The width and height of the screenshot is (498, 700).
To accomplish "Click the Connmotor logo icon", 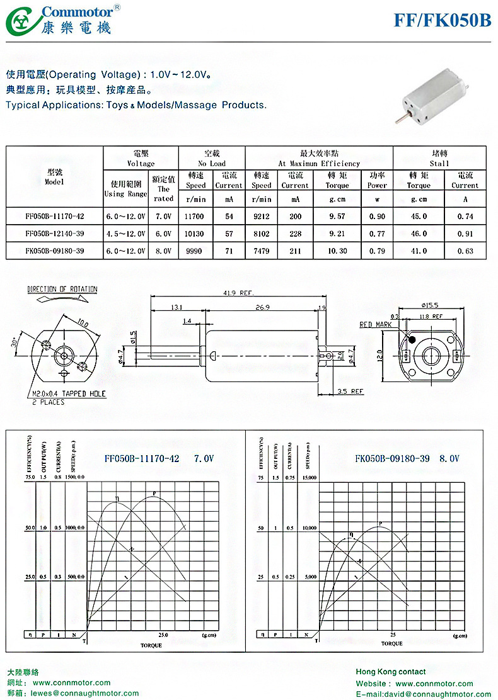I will (21, 20).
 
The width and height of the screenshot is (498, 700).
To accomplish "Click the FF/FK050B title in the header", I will (443, 20).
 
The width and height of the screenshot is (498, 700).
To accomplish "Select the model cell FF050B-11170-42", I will (55, 217).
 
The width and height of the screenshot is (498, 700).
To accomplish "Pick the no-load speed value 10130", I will (195, 233).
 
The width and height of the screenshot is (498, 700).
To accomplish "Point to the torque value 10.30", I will (337, 250).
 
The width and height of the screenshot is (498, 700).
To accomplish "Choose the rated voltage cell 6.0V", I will (163, 233).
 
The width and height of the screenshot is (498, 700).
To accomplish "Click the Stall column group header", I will (439, 158).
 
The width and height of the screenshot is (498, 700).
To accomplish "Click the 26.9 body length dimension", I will (261, 308).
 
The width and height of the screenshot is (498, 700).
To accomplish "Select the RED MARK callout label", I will (375, 324).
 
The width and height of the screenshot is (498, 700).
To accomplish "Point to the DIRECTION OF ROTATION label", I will (62, 290).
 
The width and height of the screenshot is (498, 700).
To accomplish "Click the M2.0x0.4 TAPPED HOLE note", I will (69, 394).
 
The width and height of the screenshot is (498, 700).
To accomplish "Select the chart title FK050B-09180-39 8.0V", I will (407, 459).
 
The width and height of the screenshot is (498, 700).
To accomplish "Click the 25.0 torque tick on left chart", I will (163, 635).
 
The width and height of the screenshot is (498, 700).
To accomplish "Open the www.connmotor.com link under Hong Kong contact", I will (434, 684).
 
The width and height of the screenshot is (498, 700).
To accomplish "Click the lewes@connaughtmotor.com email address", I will (85, 693).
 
